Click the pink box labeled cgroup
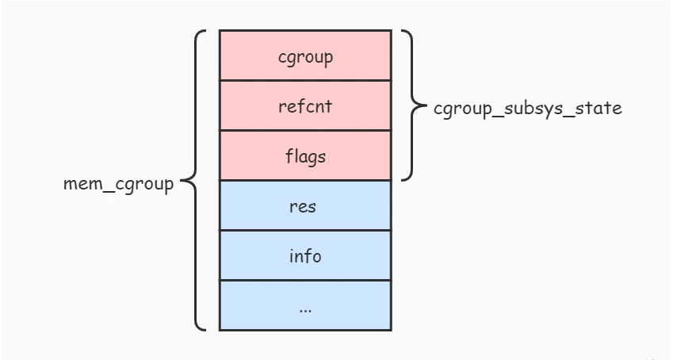pos(305,56)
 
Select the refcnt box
pos(305,105)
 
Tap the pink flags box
pos(305,155)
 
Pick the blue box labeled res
pos(305,205)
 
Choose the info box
pos(305,255)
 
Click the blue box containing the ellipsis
pos(305,305)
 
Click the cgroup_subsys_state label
pos(528,108)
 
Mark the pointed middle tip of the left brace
pos(182,182)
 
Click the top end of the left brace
pos(205,32)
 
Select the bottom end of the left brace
pos(205,328)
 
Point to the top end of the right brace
pos(402,32)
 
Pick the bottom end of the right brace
pos(402,179)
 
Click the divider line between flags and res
pos(305,180)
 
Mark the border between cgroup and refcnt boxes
pos(305,80)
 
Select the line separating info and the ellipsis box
pos(305,280)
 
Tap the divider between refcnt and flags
pos(305,130)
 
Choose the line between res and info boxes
pos(305,230)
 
